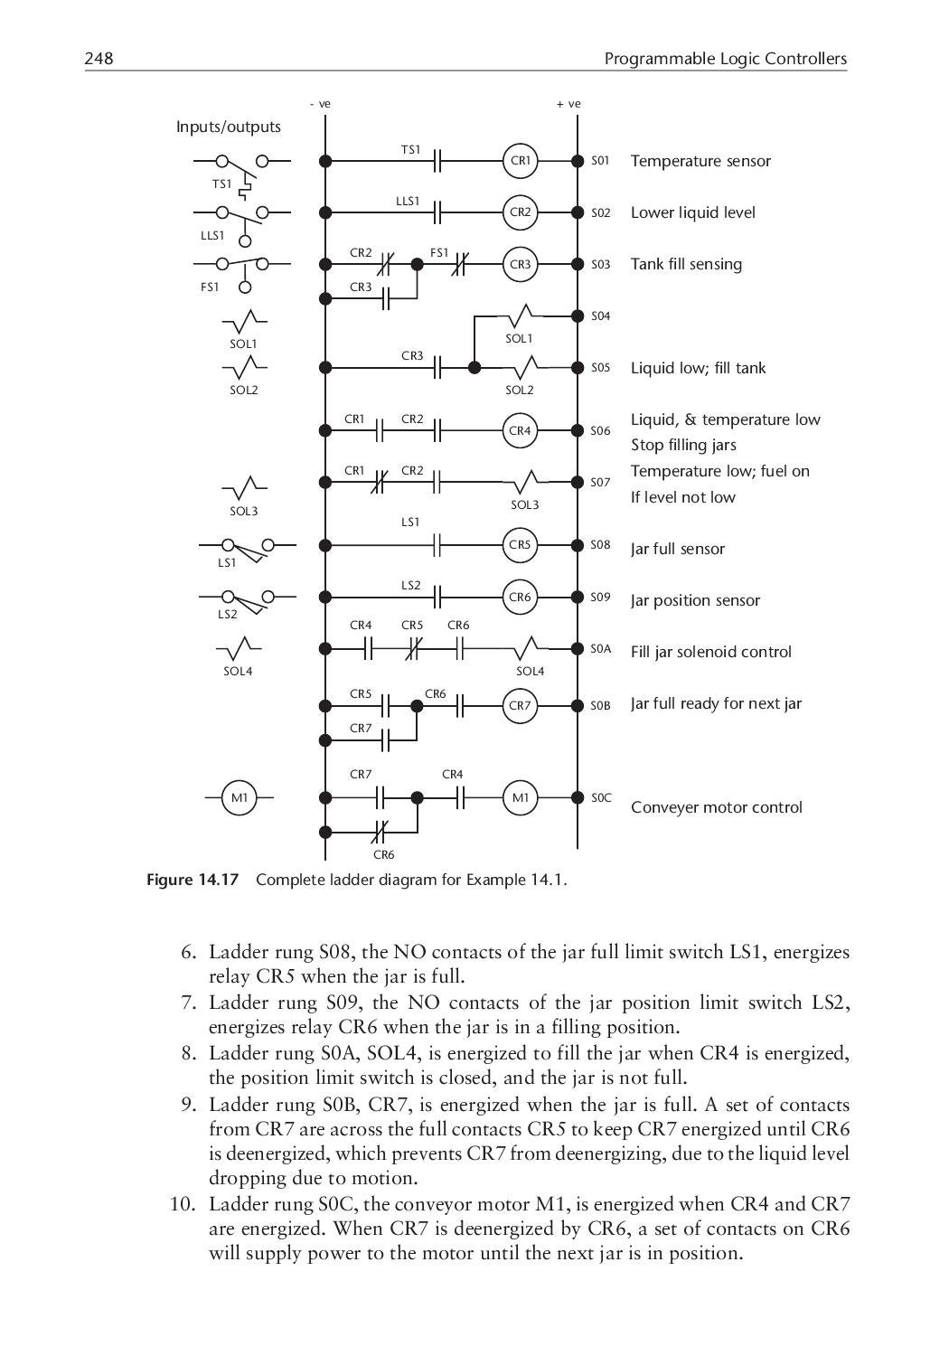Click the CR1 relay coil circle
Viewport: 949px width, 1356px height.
(x=520, y=161)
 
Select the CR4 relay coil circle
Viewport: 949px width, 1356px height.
(x=520, y=431)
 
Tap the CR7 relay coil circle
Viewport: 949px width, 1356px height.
(x=520, y=705)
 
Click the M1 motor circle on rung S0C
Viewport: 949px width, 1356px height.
(x=521, y=797)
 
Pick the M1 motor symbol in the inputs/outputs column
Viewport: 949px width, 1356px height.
(x=240, y=797)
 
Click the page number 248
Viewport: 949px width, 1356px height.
(x=99, y=59)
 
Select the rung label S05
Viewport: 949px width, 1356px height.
(x=601, y=368)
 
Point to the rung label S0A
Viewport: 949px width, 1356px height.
(x=601, y=649)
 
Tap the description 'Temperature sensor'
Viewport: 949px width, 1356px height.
(x=700, y=161)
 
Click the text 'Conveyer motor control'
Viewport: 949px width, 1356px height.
(x=716, y=807)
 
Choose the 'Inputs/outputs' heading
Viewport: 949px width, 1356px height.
(x=228, y=127)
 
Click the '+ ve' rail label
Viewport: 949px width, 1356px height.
(x=568, y=104)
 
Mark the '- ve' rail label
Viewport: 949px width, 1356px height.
(x=320, y=104)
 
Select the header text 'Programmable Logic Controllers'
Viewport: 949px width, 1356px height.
(x=725, y=59)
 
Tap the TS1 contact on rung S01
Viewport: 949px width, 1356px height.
(x=437, y=161)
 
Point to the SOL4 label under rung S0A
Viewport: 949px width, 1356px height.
(x=531, y=671)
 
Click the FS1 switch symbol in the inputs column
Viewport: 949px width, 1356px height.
(x=242, y=269)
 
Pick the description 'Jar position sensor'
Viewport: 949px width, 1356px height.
(x=695, y=600)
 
